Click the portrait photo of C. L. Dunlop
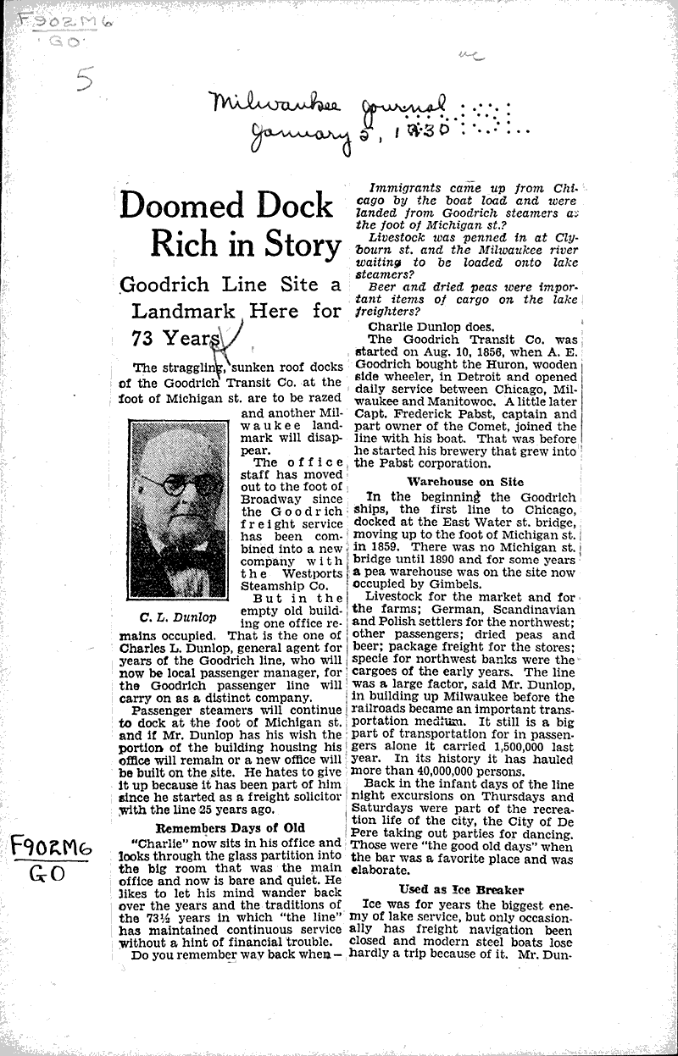177,510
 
